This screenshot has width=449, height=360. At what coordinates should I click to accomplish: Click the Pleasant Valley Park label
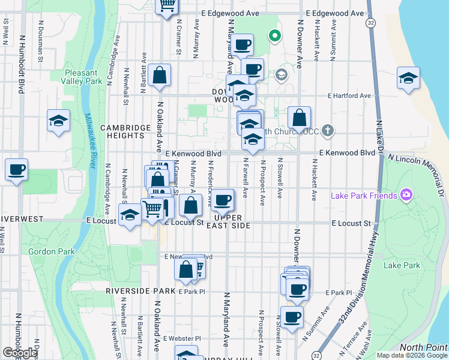[x=83, y=77]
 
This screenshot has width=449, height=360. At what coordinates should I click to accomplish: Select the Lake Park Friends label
[x=364, y=195]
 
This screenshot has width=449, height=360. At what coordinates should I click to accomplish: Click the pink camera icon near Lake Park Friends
[x=406, y=194]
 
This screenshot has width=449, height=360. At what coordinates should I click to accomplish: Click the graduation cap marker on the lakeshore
[x=408, y=78]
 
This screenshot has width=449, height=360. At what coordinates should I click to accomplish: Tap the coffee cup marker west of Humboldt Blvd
[x=17, y=169]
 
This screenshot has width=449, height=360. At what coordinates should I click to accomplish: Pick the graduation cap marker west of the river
[x=59, y=121]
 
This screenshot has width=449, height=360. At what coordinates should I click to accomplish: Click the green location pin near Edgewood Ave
[x=275, y=36]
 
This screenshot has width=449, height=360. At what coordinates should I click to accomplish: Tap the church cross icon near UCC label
[x=327, y=130]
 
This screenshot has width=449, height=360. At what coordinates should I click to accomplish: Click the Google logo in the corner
[x=19, y=352]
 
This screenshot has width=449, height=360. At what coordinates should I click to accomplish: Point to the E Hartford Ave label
[x=349, y=95]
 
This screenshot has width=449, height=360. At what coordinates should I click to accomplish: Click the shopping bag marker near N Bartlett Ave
[x=160, y=76]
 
